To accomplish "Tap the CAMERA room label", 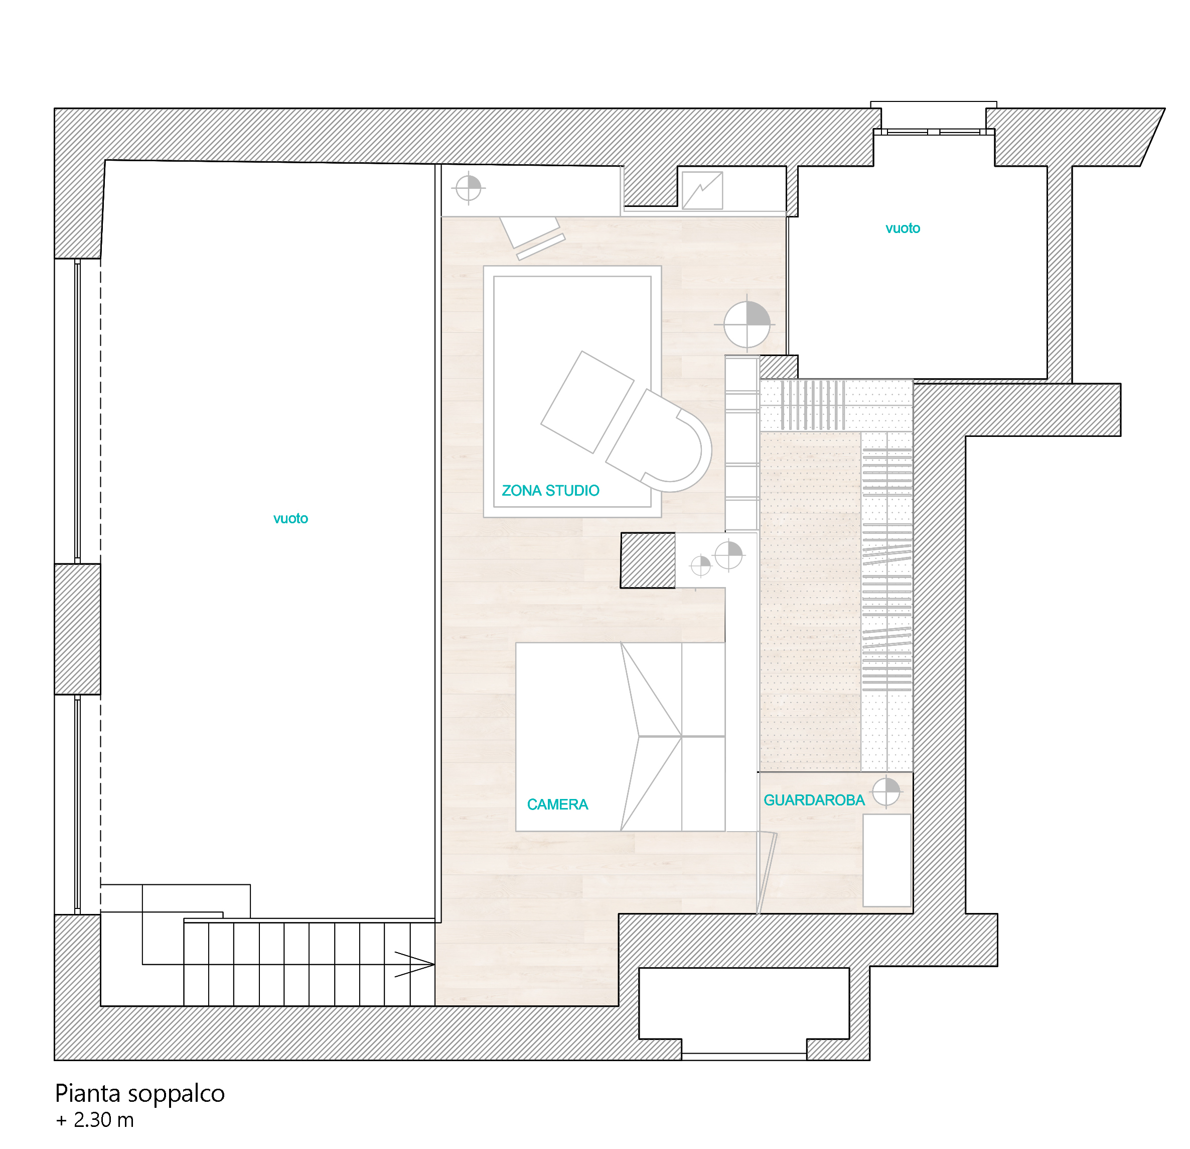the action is (x=557, y=805).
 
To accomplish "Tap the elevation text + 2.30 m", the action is (x=95, y=1120).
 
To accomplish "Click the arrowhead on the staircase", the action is (x=415, y=964).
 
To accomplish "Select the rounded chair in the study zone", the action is (x=659, y=441).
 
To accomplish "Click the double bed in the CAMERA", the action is (x=620, y=736).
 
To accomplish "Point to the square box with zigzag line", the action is (x=702, y=190).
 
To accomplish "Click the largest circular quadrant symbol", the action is (x=747, y=324).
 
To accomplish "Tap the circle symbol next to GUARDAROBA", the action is (x=886, y=791).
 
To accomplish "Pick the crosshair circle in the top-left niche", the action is (x=468, y=188).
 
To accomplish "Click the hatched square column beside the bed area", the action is (x=647, y=560).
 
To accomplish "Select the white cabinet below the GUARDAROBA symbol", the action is (x=887, y=860).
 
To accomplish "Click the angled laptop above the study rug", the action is (x=532, y=238).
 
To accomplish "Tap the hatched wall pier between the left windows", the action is (x=78, y=629).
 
